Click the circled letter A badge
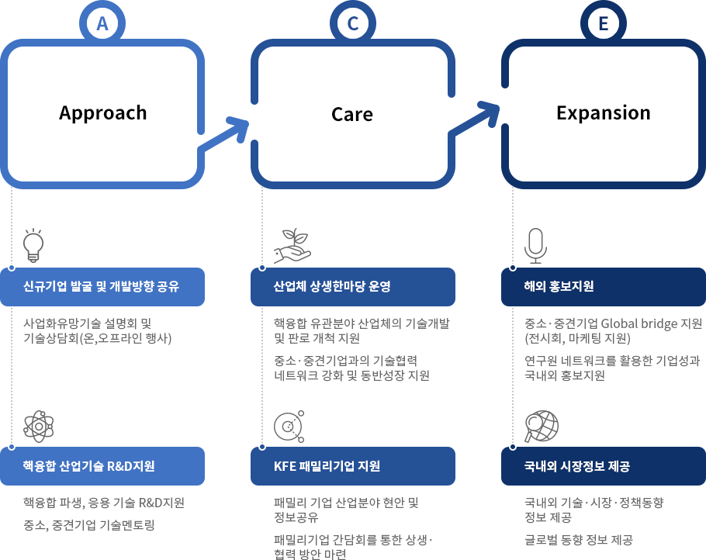point(102,23)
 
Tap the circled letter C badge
point(353,23)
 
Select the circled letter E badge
point(604,23)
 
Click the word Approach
point(103,113)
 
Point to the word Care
point(352,114)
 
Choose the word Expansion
point(604,112)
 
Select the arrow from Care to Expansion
point(474,119)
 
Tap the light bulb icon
point(33,245)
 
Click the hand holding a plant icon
point(292,246)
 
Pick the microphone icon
point(535,246)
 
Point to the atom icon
point(39,427)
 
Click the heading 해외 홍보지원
point(559,286)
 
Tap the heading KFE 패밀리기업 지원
point(327,466)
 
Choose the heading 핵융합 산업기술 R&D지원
point(88,466)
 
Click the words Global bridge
point(639,323)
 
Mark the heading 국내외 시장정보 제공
point(576,466)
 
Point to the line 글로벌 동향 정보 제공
point(579,539)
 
